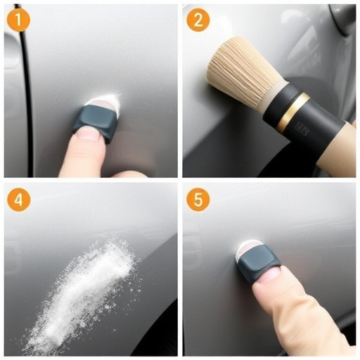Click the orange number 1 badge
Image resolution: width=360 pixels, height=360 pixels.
tap(18, 20)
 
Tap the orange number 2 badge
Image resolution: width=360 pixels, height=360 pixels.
tap(198, 20)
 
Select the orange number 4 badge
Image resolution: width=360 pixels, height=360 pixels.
tap(18, 200)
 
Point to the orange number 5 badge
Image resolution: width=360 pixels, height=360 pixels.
tap(198, 200)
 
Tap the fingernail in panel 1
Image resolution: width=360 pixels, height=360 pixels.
tap(88, 133)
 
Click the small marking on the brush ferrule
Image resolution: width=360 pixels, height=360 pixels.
tap(302, 129)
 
